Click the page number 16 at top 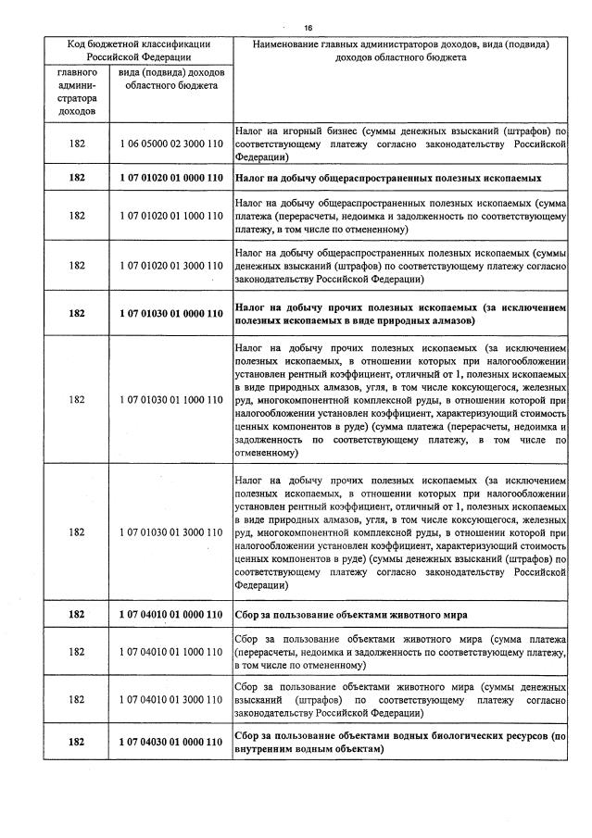[308, 27]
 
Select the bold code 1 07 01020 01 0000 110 [171, 177]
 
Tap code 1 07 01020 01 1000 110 [171, 216]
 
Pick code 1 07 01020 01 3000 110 [171, 264]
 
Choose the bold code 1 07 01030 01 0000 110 [171, 313]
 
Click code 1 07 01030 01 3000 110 [171, 532]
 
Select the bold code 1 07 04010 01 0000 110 [171, 614]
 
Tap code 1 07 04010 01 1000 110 [171, 652]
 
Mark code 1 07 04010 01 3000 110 [171, 701]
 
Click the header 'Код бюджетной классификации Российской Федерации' [137, 50]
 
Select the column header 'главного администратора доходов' [77, 92]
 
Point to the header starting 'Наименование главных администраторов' [400, 50]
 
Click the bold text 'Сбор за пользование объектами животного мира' [350, 615]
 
